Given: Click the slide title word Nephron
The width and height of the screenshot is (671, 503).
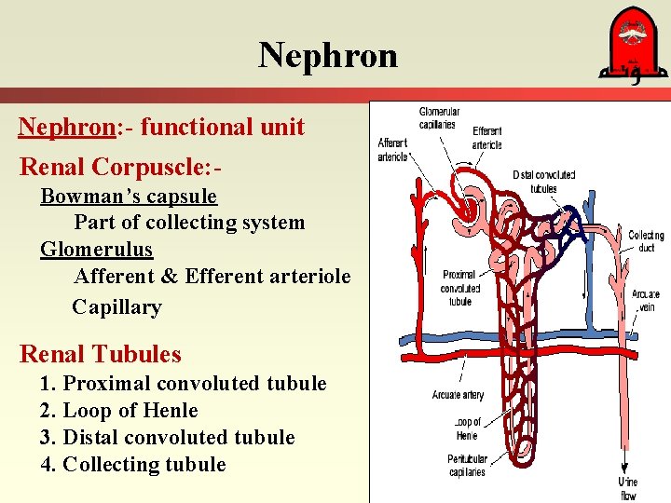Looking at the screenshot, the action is point(328,56).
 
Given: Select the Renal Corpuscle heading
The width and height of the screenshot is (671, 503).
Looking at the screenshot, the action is point(121,167).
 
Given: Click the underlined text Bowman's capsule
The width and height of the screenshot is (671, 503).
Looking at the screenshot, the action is point(129,197).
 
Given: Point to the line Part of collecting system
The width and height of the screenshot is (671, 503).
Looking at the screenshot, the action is point(189,223).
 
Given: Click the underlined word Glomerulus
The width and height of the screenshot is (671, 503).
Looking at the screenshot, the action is point(96,250).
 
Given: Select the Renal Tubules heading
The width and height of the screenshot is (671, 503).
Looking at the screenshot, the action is point(101,354).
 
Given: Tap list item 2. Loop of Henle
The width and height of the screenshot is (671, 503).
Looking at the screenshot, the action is point(119,411).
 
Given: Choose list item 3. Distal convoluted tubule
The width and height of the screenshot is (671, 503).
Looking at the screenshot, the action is point(168,438).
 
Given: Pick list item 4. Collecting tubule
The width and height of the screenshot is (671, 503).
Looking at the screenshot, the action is point(133,465).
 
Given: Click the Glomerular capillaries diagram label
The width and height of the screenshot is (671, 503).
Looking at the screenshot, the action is point(437,118).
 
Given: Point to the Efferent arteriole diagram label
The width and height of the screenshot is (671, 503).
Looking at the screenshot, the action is point(487,138).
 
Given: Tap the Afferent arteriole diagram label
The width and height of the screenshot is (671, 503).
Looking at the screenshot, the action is point(392,150).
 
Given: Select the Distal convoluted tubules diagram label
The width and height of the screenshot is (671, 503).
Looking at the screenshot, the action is point(543,181).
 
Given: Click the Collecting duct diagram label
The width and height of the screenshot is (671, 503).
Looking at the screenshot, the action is point(646,241).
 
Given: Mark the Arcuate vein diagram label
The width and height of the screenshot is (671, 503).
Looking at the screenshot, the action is point(645,300).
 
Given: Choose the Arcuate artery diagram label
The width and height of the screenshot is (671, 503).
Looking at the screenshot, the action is point(458,395).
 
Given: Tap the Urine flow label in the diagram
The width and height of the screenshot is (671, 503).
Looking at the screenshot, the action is point(628,487).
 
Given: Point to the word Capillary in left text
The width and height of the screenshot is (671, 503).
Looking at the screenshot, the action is point(116,306).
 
